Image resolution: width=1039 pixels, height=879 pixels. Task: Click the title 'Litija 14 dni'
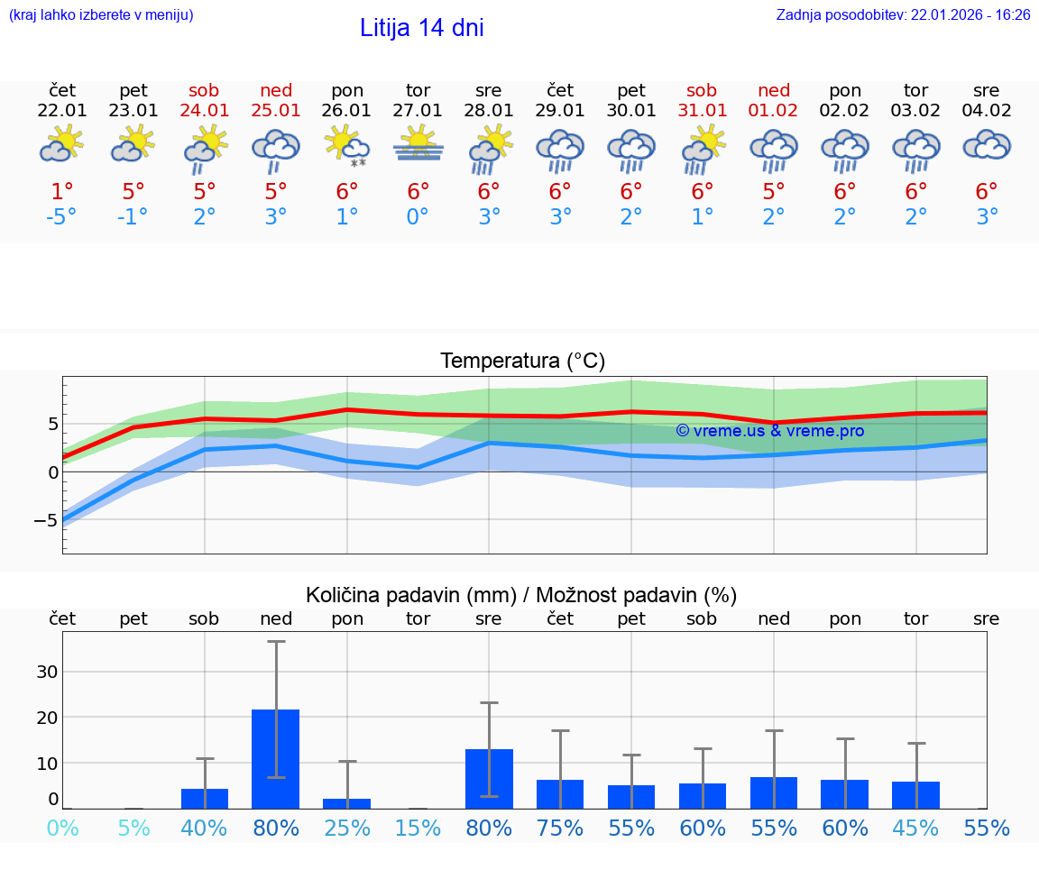tap(421, 28)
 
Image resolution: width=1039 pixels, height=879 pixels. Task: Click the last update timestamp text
tap(903, 15)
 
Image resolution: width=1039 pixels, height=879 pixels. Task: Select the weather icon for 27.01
tap(418, 145)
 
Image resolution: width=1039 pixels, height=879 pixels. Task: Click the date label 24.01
tap(205, 111)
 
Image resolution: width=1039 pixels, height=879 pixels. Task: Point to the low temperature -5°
tap(62, 217)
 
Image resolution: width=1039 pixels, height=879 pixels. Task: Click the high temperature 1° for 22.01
tap(62, 191)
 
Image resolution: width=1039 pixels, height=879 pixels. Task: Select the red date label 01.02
tap(774, 111)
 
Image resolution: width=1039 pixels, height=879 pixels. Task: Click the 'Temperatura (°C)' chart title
tap(522, 362)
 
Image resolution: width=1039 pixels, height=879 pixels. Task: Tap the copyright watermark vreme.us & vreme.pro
tap(769, 431)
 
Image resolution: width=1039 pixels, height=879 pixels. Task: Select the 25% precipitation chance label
tap(347, 828)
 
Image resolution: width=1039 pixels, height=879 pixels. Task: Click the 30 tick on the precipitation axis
tap(47, 672)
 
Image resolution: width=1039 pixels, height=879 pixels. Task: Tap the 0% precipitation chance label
tap(62, 828)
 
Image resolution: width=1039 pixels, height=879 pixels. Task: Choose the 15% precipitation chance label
tap(418, 828)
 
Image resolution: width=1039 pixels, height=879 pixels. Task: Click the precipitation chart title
tap(521, 595)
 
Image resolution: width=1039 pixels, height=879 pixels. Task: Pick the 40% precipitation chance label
tap(205, 828)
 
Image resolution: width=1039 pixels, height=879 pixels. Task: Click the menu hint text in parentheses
tap(101, 15)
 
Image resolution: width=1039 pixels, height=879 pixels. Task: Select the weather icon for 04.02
tap(987, 145)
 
